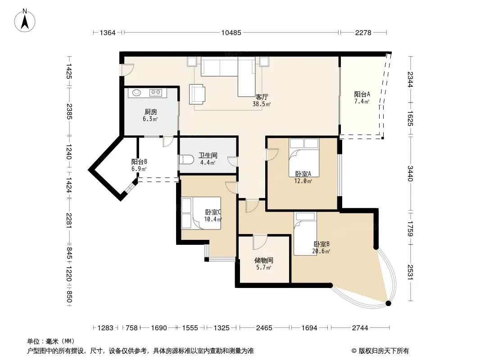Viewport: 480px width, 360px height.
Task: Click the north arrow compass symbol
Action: pos(25,20)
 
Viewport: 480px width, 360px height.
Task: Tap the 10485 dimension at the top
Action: pos(231,32)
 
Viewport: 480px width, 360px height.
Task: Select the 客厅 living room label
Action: pos(262,97)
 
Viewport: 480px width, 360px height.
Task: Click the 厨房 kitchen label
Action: pos(150,112)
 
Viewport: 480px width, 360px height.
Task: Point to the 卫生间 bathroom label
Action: pos(208,155)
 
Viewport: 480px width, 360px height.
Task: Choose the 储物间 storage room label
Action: pos(263,260)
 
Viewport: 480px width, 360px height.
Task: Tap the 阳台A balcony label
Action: pos(362,94)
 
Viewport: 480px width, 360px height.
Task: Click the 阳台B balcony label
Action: pos(139,162)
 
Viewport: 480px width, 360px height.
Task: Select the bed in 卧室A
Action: pos(304,157)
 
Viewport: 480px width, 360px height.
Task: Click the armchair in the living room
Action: pos(197,94)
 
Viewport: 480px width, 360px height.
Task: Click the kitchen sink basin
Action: pos(136,92)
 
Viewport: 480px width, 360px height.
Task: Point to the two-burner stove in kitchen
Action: pos(155,92)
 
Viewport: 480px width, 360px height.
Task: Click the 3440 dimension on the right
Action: pos(410,173)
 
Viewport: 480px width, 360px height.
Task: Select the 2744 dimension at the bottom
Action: pos(360,328)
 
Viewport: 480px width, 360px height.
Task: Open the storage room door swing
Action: pos(260,242)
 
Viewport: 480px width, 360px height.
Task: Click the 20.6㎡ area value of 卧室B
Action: pos(321,252)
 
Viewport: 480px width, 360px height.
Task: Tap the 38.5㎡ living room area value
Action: pos(262,104)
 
